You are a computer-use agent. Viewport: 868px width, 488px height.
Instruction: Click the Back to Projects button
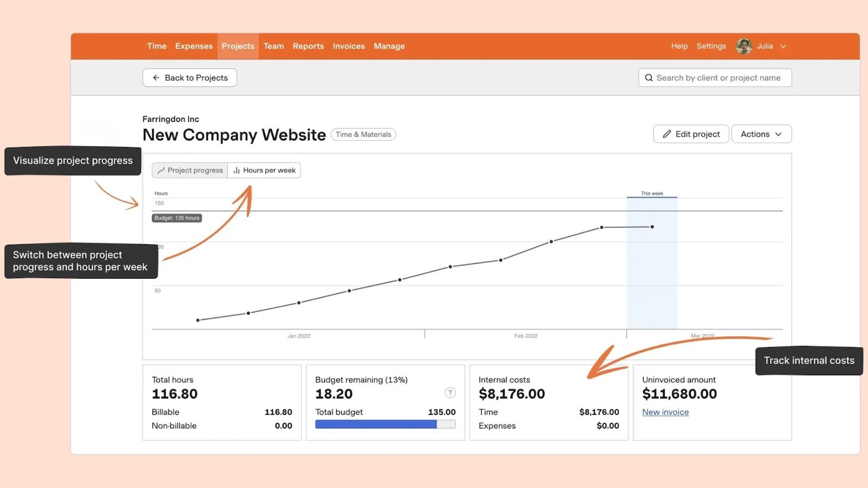pyautogui.click(x=189, y=78)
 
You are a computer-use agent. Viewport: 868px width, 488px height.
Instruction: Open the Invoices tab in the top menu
pyautogui.click(x=349, y=46)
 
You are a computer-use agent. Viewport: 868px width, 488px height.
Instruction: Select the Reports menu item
pyautogui.click(x=308, y=46)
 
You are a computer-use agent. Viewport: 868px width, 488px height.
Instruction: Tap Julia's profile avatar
pyautogui.click(x=743, y=46)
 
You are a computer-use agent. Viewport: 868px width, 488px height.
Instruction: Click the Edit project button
pyautogui.click(x=691, y=134)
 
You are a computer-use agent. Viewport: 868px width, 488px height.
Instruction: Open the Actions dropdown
pyautogui.click(x=761, y=134)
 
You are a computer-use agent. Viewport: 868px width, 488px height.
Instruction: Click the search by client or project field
pyautogui.click(x=715, y=78)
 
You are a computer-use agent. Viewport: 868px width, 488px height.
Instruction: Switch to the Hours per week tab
pyautogui.click(x=264, y=170)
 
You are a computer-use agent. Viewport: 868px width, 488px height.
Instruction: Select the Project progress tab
pyautogui.click(x=190, y=170)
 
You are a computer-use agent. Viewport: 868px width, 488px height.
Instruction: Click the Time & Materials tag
pyautogui.click(x=363, y=134)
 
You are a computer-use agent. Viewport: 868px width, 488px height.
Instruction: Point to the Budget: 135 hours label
pyautogui.click(x=177, y=218)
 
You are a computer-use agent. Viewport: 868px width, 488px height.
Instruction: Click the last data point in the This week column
pyautogui.click(x=652, y=227)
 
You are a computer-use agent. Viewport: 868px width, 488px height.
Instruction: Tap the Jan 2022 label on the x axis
pyautogui.click(x=299, y=336)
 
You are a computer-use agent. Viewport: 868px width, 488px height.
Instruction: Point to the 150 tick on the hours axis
pyautogui.click(x=159, y=203)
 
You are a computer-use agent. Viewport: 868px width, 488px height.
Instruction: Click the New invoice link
pyautogui.click(x=665, y=412)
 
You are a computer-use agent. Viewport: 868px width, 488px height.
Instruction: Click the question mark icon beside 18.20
pyautogui.click(x=450, y=393)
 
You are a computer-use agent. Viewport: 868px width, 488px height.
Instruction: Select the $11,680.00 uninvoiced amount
pyautogui.click(x=679, y=394)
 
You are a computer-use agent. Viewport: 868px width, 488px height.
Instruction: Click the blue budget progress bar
pyautogui.click(x=376, y=425)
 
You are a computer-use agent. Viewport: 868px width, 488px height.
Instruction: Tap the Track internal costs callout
pyautogui.click(x=809, y=361)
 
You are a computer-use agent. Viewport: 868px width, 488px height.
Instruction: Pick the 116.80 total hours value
pyautogui.click(x=175, y=394)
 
